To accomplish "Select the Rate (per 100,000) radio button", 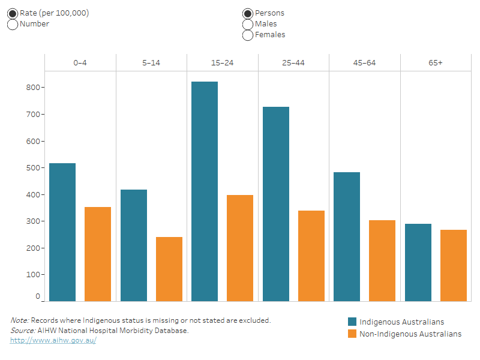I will click(13, 13).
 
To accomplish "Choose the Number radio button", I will click(13, 24).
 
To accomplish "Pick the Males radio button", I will click(248, 24).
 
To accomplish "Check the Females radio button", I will click(248, 35).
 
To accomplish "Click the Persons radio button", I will click(248, 13).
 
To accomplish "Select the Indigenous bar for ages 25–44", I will click(275, 204).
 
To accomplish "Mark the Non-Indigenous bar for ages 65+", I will click(454, 265).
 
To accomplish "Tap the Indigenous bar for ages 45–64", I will click(347, 236).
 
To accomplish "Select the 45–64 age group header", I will click(365, 63).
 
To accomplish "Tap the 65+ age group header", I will click(436, 63).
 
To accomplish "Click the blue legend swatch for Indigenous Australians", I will click(352, 322).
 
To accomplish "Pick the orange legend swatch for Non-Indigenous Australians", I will click(352, 334).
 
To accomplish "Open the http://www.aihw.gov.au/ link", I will click(53, 340).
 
